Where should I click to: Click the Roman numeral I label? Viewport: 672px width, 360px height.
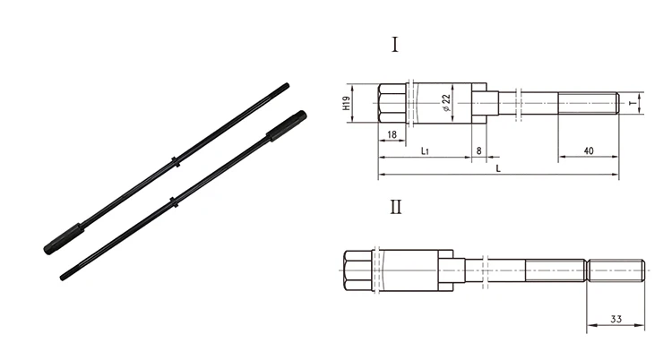click(x=395, y=46)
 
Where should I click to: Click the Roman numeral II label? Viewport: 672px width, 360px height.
click(x=395, y=208)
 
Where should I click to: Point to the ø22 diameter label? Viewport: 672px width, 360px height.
click(x=445, y=104)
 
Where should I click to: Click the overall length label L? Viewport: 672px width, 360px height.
click(x=497, y=167)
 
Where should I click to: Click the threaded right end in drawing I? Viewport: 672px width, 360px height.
click(x=589, y=104)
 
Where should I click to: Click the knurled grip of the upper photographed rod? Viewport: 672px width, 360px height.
click(x=286, y=124)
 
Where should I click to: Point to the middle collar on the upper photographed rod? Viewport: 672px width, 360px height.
click(x=177, y=162)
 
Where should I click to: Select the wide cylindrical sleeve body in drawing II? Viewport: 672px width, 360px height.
click(x=410, y=269)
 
